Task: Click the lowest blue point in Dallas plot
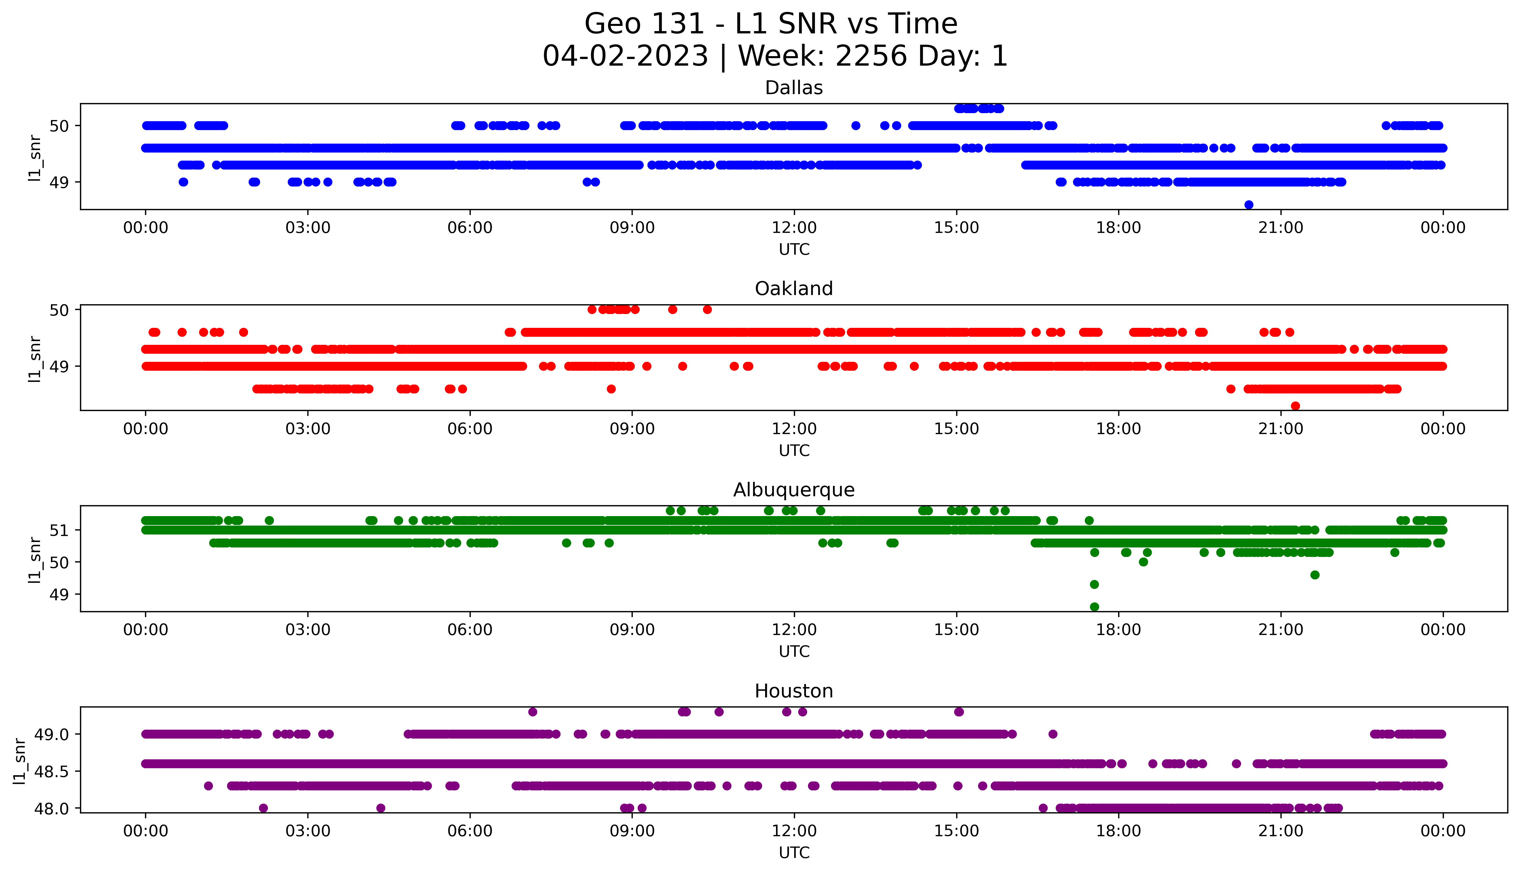click(1249, 205)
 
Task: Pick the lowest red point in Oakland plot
click(1295, 406)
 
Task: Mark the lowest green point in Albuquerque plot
click(1094, 607)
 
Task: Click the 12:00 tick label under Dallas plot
click(794, 228)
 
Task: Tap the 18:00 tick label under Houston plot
click(1119, 831)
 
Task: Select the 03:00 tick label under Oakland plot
click(308, 429)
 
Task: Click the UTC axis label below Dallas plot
click(794, 250)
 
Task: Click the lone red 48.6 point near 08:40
click(611, 389)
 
